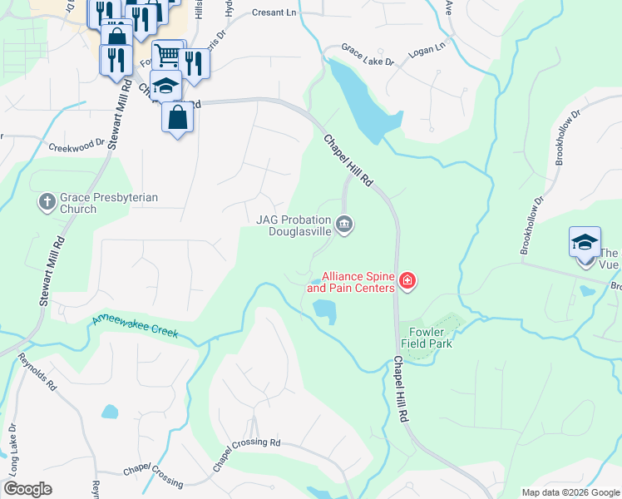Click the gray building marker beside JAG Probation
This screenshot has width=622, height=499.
[x=344, y=225]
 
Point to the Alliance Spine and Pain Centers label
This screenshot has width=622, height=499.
[x=358, y=282]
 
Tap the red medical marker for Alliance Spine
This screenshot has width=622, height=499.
[x=407, y=281]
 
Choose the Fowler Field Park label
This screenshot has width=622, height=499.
[x=426, y=337]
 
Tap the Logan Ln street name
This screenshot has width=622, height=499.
[x=427, y=51]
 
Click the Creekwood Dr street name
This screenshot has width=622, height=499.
[x=77, y=145]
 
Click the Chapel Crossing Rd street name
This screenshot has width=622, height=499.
[x=247, y=454]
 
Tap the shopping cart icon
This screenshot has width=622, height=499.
[x=167, y=57]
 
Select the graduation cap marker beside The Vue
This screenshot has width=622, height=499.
[x=585, y=243]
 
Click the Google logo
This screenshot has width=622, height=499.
[x=27, y=489]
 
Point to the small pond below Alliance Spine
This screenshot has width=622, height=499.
[x=325, y=311]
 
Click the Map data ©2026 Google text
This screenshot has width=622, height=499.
[x=570, y=492]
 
